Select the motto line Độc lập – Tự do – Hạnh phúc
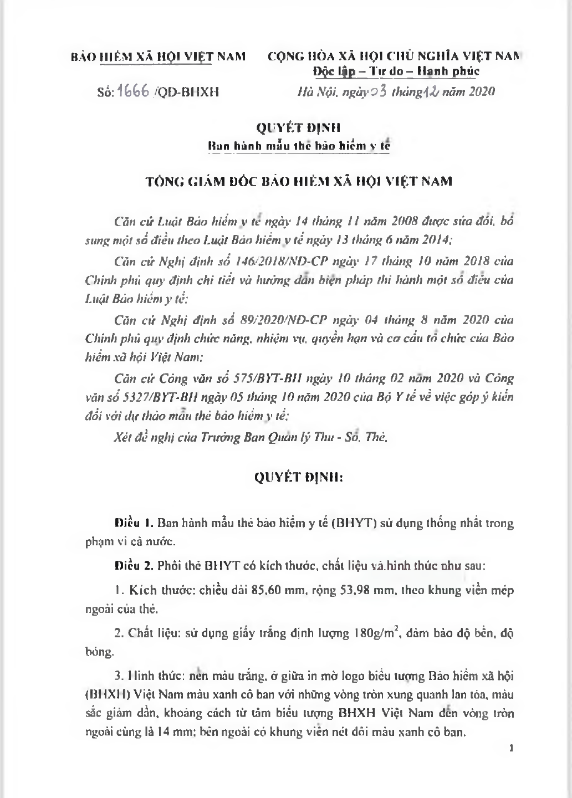tap(396, 71)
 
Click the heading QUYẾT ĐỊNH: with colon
tap(299, 478)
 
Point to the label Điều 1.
tap(134, 523)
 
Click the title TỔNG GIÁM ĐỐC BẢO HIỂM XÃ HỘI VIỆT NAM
tap(299, 181)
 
